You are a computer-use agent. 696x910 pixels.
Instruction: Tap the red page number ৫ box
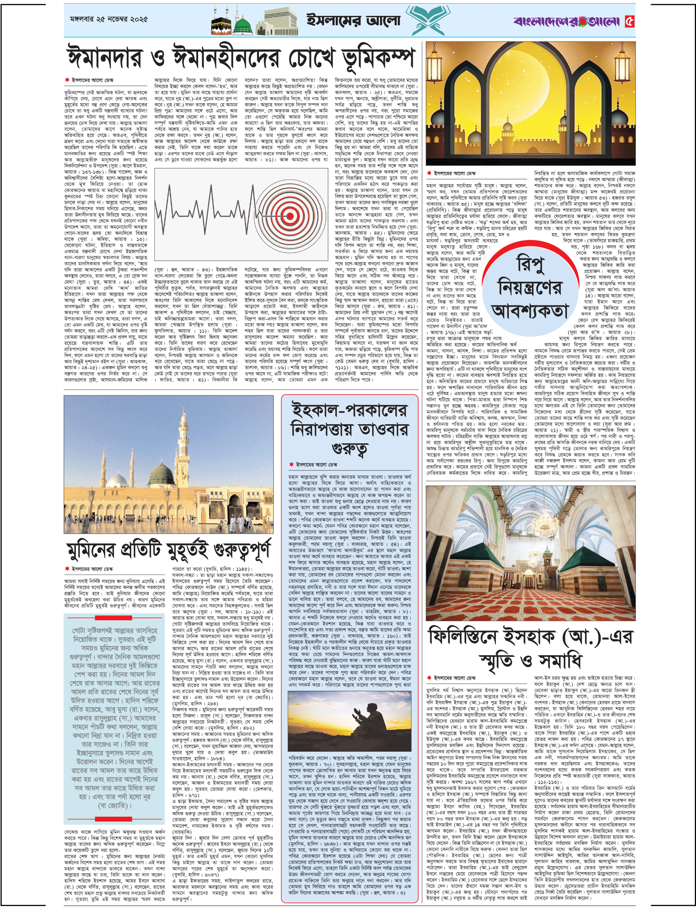tap(629, 21)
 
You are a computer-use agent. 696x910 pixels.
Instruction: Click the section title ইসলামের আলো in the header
tap(353, 20)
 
